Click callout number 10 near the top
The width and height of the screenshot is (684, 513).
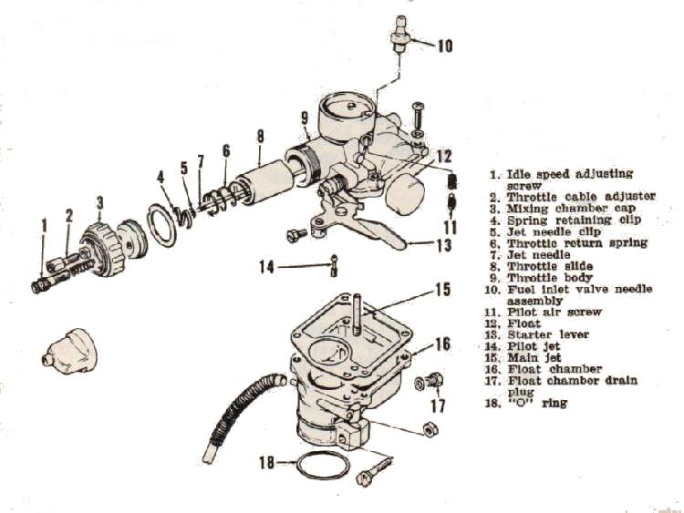click(443, 45)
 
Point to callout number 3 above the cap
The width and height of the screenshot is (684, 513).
click(99, 201)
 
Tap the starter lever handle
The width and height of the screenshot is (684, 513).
click(378, 239)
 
